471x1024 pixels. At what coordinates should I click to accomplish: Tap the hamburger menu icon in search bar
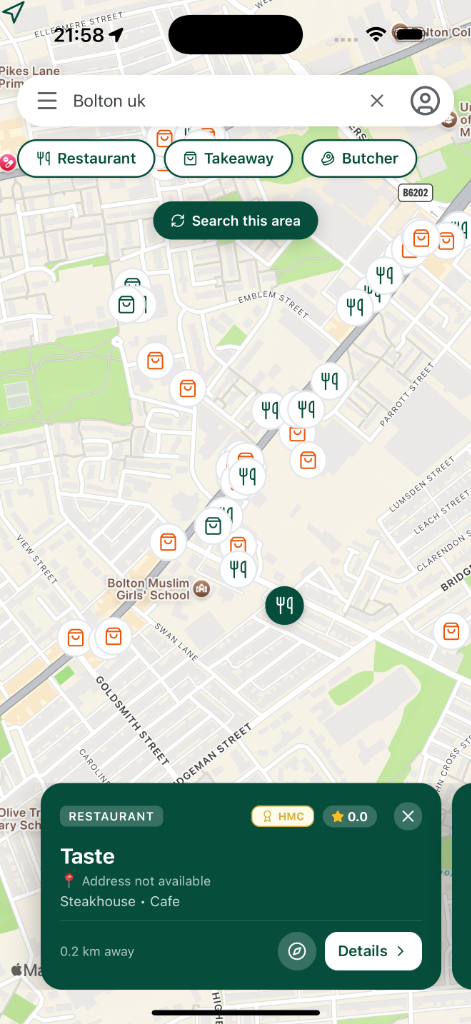(x=47, y=101)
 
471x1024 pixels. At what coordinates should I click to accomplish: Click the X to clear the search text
(x=377, y=101)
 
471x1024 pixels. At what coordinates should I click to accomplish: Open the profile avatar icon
(x=425, y=101)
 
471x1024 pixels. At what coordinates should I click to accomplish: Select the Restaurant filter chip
(x=86, y=158)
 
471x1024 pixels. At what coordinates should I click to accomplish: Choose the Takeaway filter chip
(x=228, y=158)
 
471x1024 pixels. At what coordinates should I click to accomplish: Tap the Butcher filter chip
(x=358, y=158)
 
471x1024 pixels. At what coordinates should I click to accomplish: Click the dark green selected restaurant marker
(x=285, y=604)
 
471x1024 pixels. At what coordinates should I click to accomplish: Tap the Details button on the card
(x=373, y=951)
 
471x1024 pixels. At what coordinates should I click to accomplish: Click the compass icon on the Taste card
(x=297, y=951)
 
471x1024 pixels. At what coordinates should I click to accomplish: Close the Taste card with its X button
(x=408, y=816)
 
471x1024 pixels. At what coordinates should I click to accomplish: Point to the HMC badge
(x=282, y=816)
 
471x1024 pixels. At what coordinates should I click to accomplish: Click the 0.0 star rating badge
(x=349, y=816)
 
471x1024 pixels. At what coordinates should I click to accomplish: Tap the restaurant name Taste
(x=88, y=856)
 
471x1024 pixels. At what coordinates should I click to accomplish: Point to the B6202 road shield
(x=415, y=192)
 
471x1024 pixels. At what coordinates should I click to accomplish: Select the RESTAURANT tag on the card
(x=111, y=816)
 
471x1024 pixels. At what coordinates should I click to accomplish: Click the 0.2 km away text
(x=97, y=951)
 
